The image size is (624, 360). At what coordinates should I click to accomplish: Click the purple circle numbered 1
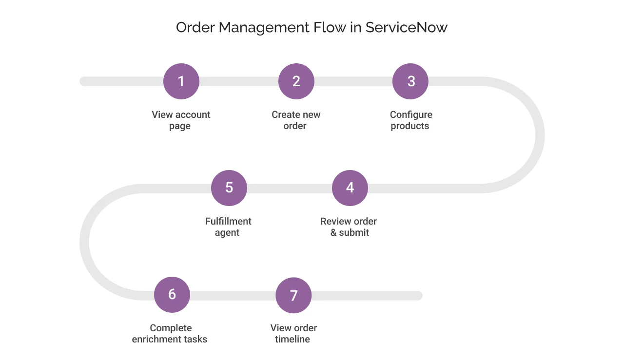pos(181,81)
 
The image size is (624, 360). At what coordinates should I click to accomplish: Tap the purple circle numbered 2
pos(296,81)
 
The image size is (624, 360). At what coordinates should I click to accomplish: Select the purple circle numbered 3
pos(410,81)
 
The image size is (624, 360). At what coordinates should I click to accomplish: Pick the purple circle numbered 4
pos(350,188)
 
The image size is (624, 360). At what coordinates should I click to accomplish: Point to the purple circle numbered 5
pos(229,188)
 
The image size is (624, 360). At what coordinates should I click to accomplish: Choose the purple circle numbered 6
pos(172,295)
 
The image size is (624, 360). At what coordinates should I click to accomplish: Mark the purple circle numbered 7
pos(293,295)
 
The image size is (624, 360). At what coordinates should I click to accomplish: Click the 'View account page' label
pos(181,120)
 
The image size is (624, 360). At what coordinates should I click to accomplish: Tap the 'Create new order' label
pos(296,120)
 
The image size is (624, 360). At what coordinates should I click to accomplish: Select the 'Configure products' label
pos(410,120)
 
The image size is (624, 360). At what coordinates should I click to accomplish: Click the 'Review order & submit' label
pos(349,227)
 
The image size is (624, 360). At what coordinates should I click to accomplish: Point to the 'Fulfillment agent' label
pos(228,227)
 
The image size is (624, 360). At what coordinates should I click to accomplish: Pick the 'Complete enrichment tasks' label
pos(170,334)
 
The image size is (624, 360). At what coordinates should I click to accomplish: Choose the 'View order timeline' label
pos(293,334)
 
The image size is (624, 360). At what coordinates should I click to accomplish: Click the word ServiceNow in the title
pos(406,27)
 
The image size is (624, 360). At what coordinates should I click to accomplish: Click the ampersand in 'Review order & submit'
pos(333,233)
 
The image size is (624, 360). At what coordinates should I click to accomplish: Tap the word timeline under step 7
pos(292,340)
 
